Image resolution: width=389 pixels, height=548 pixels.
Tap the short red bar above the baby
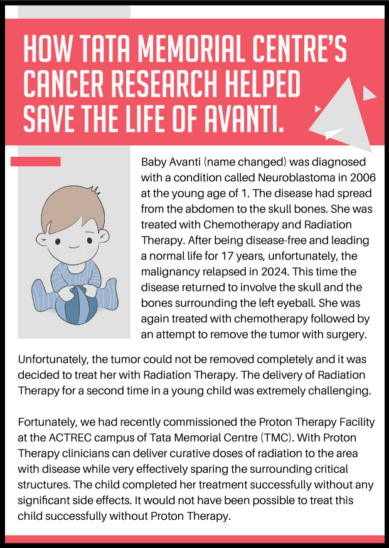pyautogui.click(x=36, y=162)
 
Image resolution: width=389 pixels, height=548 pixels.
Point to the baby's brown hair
pyautogui.click(x=69, y=199)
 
